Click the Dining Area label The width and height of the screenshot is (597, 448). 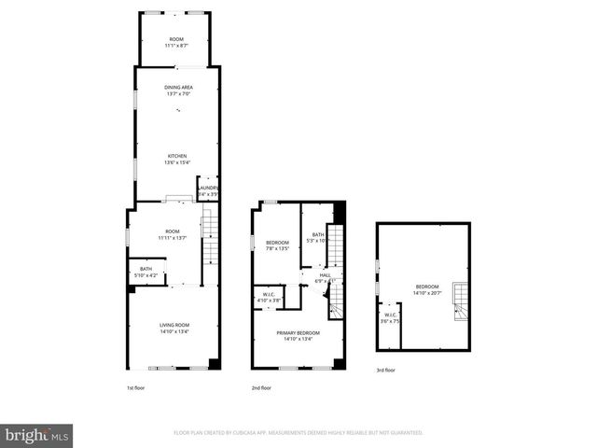[x=179, y=90]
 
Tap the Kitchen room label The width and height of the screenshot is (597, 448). [x=177, y=159]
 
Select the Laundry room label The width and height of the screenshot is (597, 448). [x=208, y=191]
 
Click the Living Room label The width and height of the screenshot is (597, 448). [x=175, y=327]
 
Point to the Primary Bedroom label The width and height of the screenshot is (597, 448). [x=298, y=336]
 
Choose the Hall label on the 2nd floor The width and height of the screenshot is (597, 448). [x=326, y=277]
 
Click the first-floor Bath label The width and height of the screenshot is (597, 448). [x=146, y=273]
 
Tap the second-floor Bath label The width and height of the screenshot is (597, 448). [x=318, y=237]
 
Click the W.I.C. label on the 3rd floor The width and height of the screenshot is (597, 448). [x=390, y=317]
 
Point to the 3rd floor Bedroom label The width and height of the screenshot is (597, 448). [x=426, y=289]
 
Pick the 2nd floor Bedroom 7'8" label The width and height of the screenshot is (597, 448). [x=277, y=245]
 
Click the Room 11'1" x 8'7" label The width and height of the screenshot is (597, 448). [x=177, y=42]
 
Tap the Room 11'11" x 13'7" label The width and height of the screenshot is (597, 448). [x=172, y=234]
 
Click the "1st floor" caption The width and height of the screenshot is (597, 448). [x=136, y=387]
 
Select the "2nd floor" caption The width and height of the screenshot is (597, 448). [x=261, y=387]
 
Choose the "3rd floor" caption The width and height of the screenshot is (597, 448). [x=386, y=370]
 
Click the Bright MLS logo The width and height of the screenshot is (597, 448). [x=37, y=435]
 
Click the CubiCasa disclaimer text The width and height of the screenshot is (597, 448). [x=298, y=433]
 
